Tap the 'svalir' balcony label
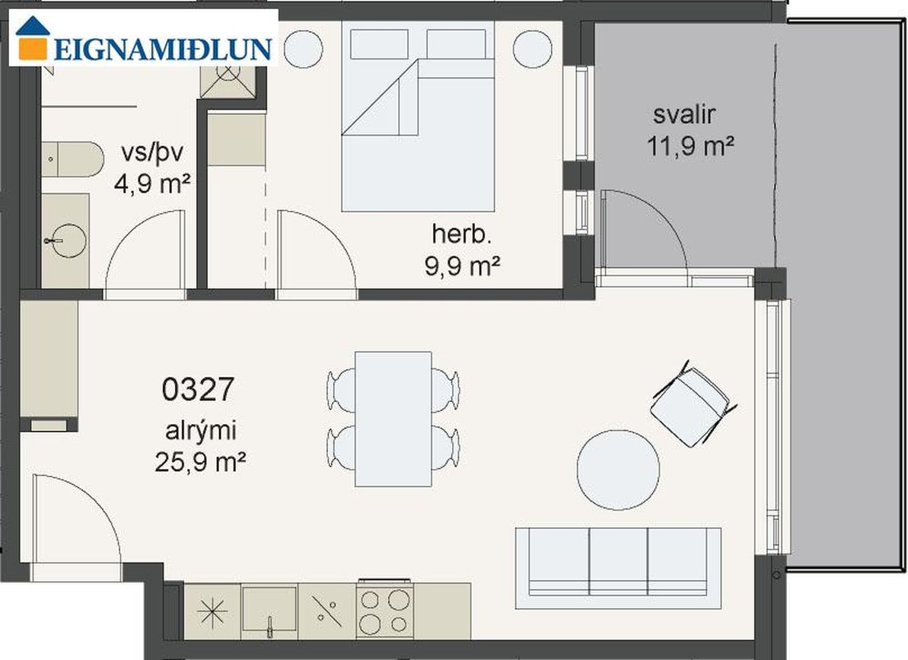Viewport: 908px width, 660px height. [684, 114]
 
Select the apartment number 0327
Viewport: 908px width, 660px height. [197, 389]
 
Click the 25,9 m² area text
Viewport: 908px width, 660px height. [199, 462]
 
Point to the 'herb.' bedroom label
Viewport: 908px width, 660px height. [461, 234]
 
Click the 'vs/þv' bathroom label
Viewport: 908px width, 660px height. [152, 154]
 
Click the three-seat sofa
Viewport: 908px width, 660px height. [619, 568]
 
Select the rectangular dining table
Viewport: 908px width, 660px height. [393, 419]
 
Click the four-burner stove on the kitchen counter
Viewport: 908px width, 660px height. [384, 611]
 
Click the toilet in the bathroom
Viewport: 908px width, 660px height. [72, 159]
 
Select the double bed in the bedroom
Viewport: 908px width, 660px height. [418, 116]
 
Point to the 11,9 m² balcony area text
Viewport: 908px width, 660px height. [690, 146]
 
